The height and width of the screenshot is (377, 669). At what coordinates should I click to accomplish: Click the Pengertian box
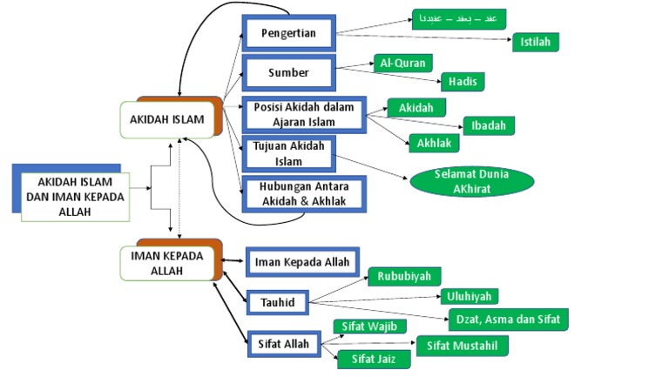pyautogui.click(x=288, y=34)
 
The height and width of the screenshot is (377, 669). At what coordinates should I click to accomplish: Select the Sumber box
pyautogui.click(x=288, y=73)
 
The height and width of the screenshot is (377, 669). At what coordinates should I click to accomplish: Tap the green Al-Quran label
pyautogui.click(x=401, y=63)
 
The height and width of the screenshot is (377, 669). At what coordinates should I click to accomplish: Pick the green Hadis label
pyautogui.click(x=462, y=82)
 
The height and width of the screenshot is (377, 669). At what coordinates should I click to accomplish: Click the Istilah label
pyautogui.click(x=535, y=42)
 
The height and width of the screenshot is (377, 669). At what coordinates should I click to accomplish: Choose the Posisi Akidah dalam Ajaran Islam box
pyautogui.click(x=304, y=114)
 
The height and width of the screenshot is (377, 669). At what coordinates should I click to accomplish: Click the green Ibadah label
pyautogui.click(x=489, y=125)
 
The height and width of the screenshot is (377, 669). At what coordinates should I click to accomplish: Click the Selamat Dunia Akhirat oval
pyautogui.click(x=471, y=180)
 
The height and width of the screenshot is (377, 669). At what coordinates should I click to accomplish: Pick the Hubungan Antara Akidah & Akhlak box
pyautogui.click(x=303, y=195)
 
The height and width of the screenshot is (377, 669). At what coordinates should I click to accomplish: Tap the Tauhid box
pyautogui.click(x=277, y=301)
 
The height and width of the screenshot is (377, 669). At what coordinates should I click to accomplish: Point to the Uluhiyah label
pyautogui.click(x=470, y=296)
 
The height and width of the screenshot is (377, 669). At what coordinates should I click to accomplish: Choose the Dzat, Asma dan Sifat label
pyautogui.click(x=509, y=319)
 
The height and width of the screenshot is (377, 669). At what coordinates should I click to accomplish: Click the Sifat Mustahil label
pyautogui.click(x=462, y=346)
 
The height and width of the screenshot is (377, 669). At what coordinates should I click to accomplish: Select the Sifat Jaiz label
pyautogui.click(x=369, y=357)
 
